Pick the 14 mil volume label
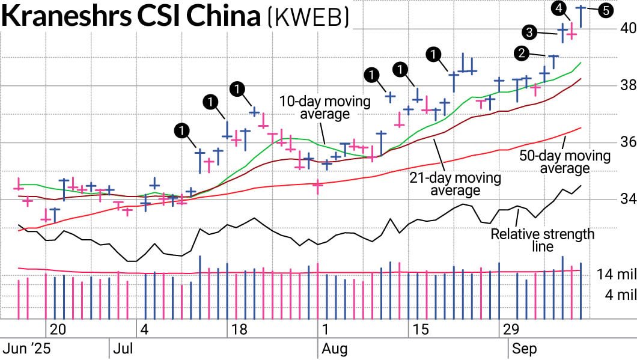point(617,275)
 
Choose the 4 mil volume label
point(619,295)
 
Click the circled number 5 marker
point(606,10)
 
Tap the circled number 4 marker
point(560,8)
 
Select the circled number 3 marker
point(530,32)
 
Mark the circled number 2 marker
point(522,53)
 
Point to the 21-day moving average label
point(454,184)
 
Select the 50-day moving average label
point(564,162)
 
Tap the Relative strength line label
point(542,239)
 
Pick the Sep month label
point(524,349)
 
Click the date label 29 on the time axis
point(511,330)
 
